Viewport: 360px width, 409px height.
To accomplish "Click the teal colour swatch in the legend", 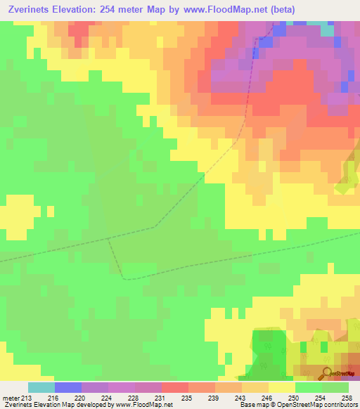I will click(41, 387).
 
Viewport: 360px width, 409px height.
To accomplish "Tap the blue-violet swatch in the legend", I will click(67, 387).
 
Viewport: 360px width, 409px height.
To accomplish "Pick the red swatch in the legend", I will click(174, 387).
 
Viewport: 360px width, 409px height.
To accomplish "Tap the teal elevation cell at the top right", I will click(327, 30).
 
